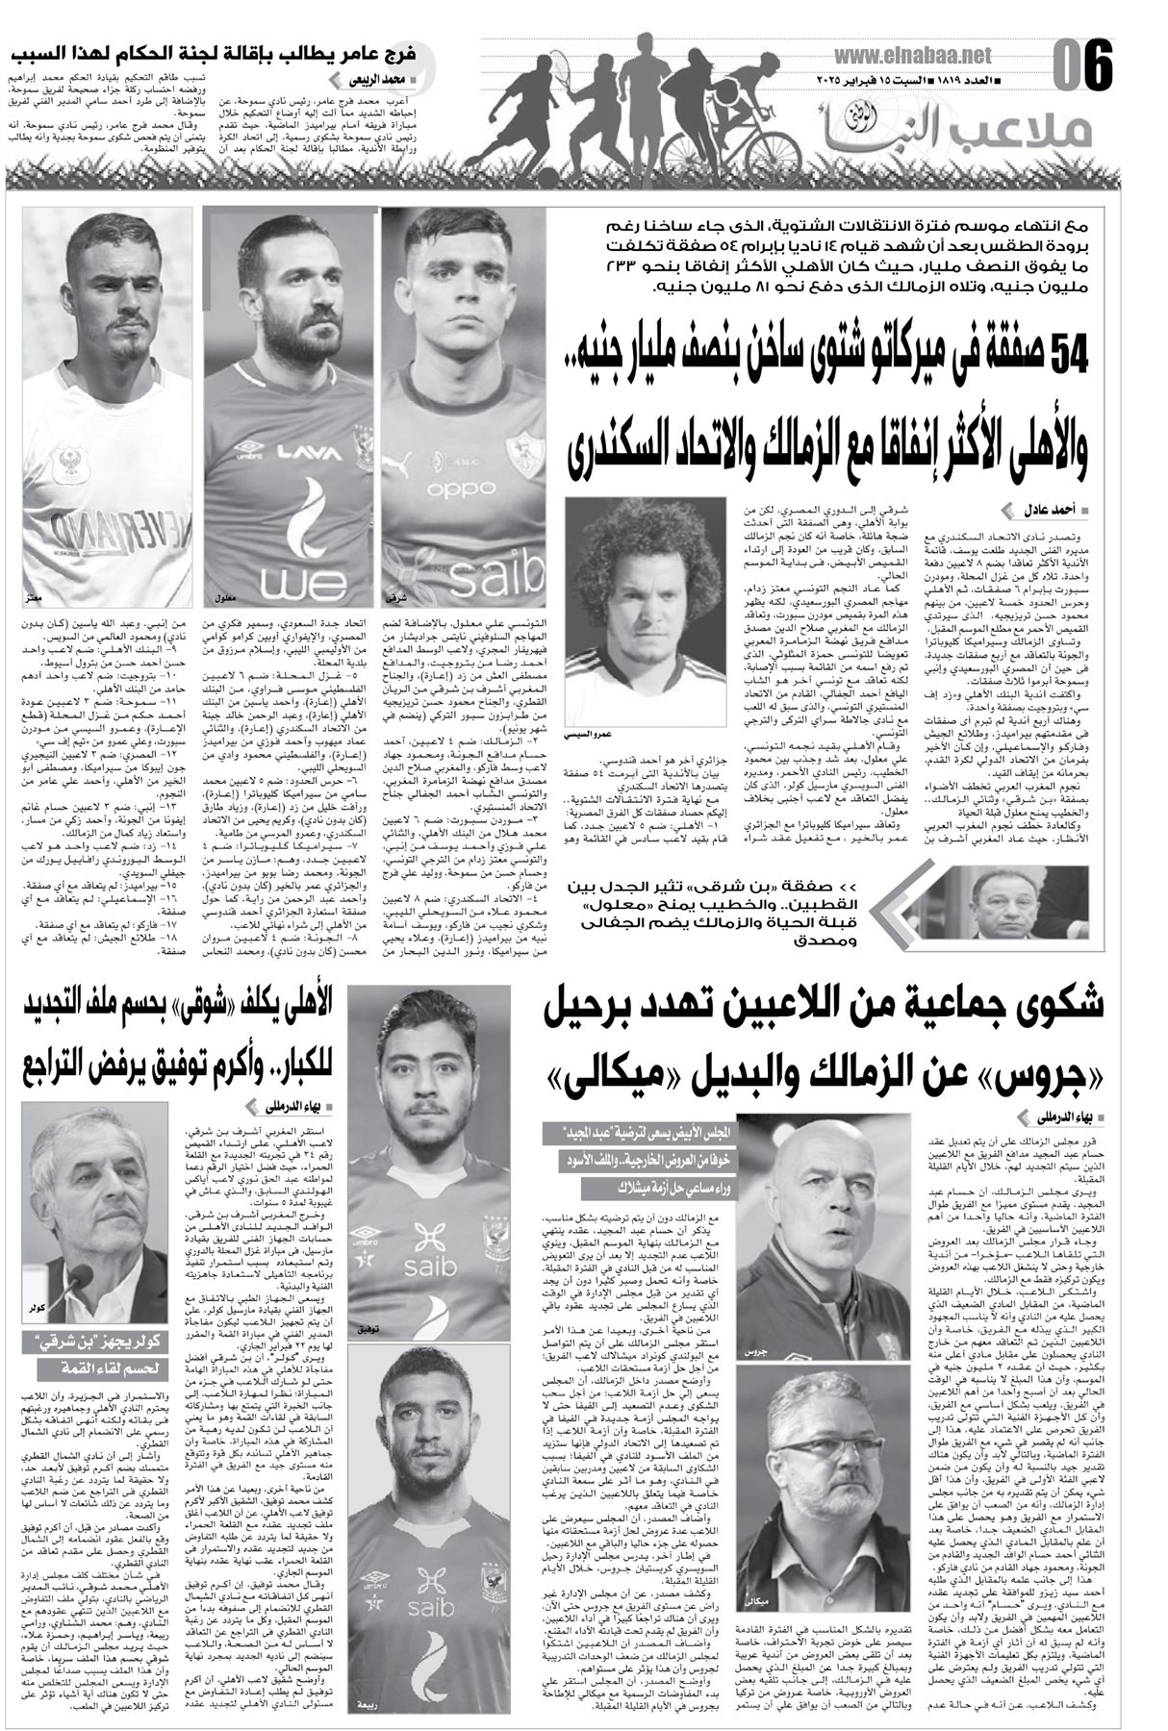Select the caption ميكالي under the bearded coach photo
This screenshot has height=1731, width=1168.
755,1602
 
